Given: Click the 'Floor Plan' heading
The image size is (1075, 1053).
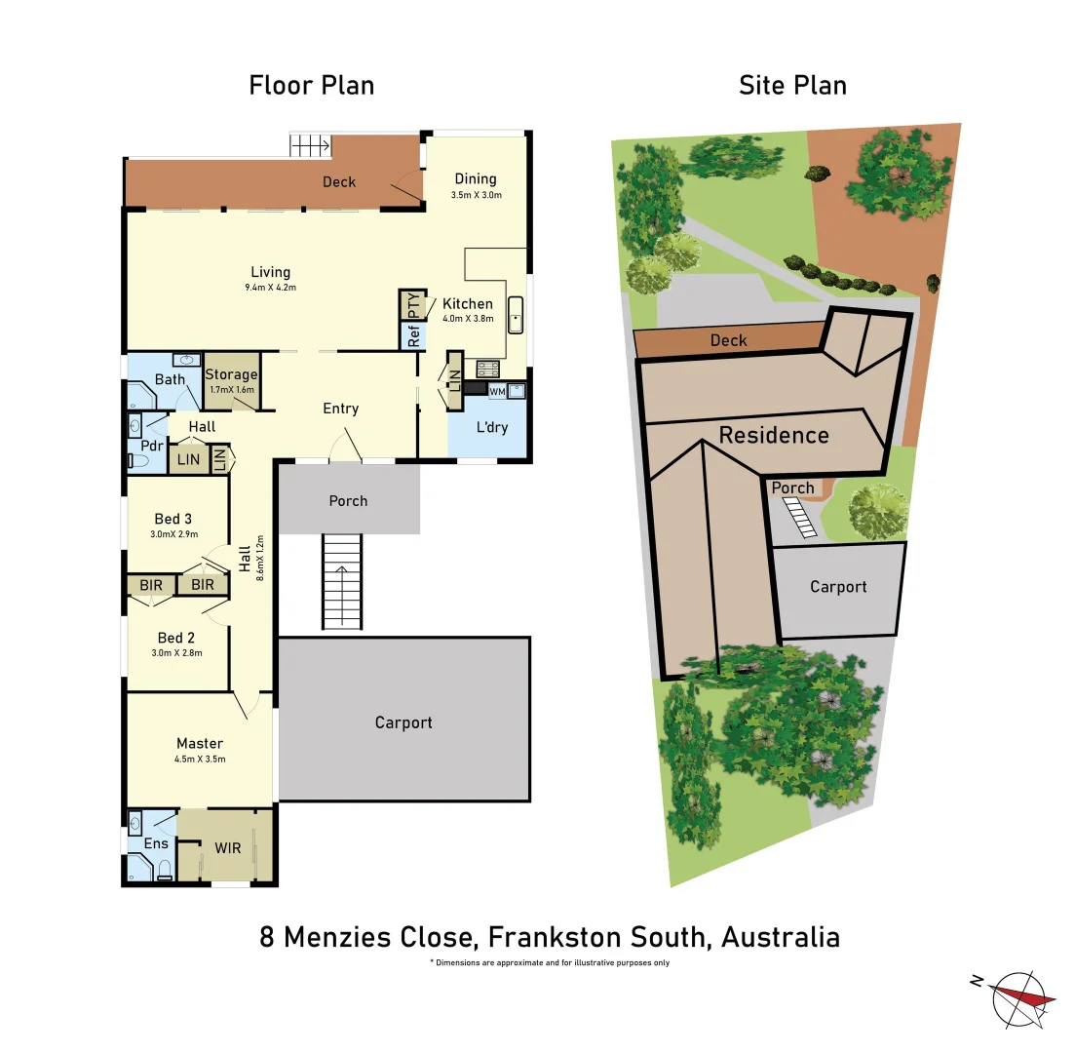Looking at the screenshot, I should point(311,85).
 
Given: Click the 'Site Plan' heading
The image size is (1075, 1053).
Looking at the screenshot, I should point(792,85).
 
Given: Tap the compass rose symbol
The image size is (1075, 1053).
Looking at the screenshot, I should point(1020,998).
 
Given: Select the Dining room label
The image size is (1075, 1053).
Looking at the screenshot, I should point(476,178).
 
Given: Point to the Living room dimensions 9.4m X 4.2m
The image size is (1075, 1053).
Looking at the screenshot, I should point(271,288).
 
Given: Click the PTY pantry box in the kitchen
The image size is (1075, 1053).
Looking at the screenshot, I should point(413,305).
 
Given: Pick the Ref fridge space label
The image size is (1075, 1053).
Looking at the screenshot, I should point(413,337).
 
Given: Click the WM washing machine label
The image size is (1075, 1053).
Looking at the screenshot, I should point(497,391).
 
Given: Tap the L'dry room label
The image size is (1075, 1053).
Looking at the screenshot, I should point(492,427).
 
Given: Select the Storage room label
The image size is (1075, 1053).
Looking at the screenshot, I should point(231,374).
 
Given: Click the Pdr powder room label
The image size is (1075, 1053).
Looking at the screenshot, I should point(151,446).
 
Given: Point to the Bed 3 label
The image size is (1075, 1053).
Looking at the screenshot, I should point(173,519).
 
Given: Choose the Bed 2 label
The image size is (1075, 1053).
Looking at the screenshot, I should point(176,638).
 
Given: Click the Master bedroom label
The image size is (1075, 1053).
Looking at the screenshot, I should point(200,743).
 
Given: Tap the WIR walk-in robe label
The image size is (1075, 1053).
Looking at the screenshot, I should point(228,848).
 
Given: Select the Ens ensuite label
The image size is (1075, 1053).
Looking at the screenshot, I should point(156,843).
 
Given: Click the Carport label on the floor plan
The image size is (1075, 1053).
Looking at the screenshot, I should point(403,722).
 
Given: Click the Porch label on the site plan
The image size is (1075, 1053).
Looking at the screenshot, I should point(792,487).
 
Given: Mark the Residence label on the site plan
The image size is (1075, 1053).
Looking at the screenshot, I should point(774,435).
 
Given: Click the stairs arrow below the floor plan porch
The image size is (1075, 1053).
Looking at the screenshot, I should point(341,573).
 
